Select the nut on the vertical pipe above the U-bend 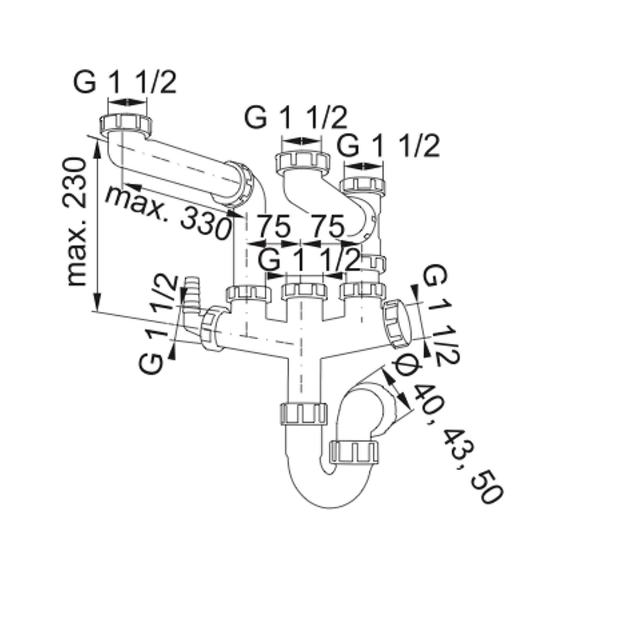(304, 413)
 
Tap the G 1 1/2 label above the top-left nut (125, 83)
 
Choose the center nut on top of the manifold (304, 290)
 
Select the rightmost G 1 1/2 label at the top (388, 146)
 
